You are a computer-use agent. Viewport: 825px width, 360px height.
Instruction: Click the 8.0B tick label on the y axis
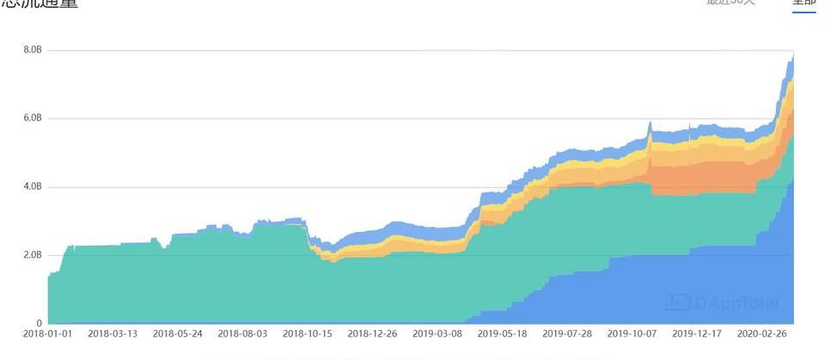click(x=32, y=50)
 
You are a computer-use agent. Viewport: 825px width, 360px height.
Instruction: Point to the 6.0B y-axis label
click(x=32, y=119)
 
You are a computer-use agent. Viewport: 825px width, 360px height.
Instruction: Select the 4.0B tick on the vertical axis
click(x=32, y=187)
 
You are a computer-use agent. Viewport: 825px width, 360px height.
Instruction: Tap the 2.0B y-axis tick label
click(x=32, y=255)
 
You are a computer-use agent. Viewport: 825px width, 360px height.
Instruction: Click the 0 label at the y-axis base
click(x=38, y=324)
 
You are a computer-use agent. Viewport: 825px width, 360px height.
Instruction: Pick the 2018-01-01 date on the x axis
click(x=48, y=333)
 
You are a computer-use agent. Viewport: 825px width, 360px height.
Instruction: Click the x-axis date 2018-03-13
click(x=113, y=333)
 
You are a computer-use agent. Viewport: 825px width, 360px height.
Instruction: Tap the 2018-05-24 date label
click(x=178, y=333)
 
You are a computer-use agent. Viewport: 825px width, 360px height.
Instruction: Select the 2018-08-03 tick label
click(x=242, y=333)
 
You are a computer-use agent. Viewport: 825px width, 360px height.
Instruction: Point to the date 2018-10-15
click(x=308, y=333)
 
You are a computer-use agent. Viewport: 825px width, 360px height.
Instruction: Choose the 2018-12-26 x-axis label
click(x=372, y=333)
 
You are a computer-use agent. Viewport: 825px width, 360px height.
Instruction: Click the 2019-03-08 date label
click(x=437, y=333)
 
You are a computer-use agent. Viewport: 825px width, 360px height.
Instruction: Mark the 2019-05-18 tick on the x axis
click(x=502, y=333)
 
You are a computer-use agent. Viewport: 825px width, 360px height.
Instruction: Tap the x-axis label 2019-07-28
click(x=567, y=333)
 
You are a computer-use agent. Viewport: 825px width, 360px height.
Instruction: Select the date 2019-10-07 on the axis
click(x=632, y=333)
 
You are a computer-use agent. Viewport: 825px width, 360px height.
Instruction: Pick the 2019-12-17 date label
click(x=697, y=333)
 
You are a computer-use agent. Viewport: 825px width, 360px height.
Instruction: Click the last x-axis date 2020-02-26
click(x=761, y=333)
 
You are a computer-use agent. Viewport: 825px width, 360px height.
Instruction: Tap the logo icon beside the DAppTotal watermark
click(x=677, y=302)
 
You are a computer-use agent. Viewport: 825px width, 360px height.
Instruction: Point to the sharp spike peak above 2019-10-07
click(x=651, y=122)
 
